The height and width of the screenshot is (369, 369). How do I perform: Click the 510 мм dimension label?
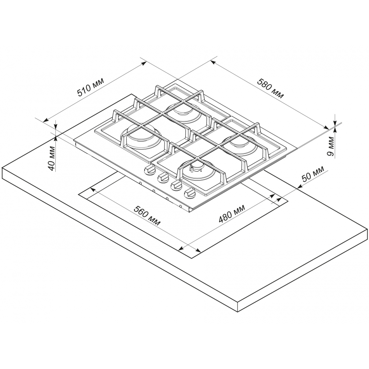(x=91, y=87)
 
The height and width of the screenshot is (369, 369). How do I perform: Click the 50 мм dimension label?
(x=313, y=174)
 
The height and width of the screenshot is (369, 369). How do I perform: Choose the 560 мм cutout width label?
(x=147, y=215)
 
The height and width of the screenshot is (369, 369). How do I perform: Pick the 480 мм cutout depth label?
(x=232, y=213)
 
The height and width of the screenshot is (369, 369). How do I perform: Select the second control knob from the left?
(x=163, y=178)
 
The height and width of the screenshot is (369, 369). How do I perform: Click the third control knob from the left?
(x=177, y=186)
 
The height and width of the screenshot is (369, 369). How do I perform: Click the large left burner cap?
(x=141, y=136)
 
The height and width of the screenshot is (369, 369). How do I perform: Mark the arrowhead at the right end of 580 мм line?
(x=327, y=128)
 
